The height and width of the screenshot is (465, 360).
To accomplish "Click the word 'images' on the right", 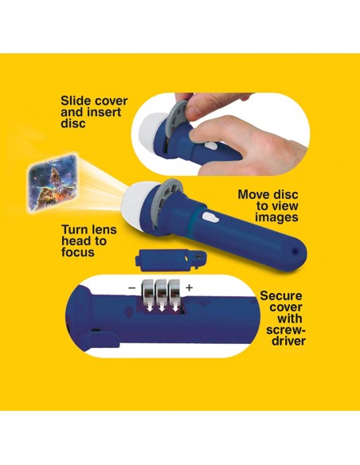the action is pyautogui.click(x=276, y=217).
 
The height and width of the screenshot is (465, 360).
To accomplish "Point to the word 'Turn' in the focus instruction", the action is pyautogui.click(x=74, y=230).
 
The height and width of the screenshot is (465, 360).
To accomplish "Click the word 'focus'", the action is pyautogui.click(x=78, y=252).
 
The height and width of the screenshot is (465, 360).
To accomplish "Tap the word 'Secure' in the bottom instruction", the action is pyautogui.click(x=281, y=296).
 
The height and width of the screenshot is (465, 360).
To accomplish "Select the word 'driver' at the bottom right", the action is pyautogui.click(x=288, y=341).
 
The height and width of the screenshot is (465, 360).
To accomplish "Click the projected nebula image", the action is pyautogui.click(x=53, y=182).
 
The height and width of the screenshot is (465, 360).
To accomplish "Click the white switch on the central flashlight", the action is pyautogui.click(x=211, y=218).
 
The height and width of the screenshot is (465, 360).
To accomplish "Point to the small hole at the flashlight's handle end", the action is pyautogui.click(x=295, y=251).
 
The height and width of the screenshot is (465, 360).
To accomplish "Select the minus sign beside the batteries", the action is pyautogui.click(x=131, y=288).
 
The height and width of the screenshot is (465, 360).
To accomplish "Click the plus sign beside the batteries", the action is pyautogui.click(x=190, y=287).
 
